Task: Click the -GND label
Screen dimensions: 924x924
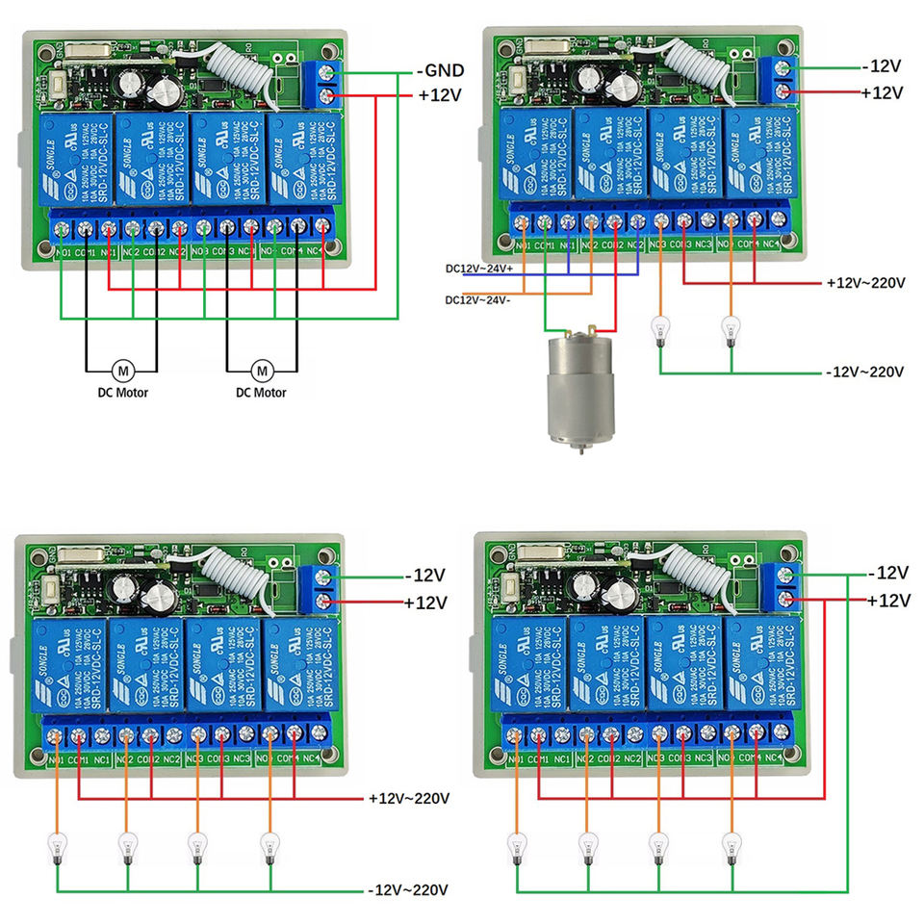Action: click(x=441, y=70)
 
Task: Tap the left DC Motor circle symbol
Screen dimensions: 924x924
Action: click(x=122, y=370)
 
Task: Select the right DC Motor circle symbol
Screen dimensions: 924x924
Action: click(x=262, y=370)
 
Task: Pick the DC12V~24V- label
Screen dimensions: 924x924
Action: click(x=478, y=300)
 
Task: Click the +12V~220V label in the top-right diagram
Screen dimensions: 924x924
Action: click(x=865, y=283)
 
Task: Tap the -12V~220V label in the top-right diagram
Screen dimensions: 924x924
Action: click(x=865, y=372)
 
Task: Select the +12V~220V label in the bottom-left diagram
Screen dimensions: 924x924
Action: click(x=409, y=799)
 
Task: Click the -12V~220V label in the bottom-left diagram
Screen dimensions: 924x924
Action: click(x=409, y=889)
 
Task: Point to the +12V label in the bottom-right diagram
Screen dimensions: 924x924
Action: click(x=887, y=601)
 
